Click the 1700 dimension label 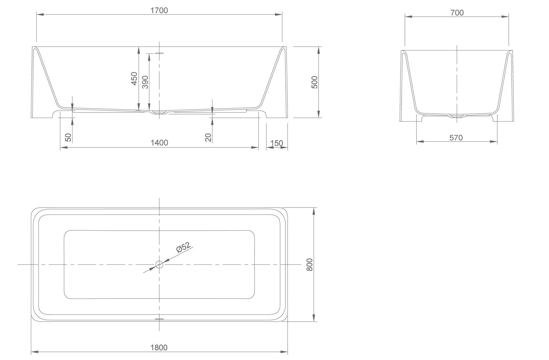pos(159,11)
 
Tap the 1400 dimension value pos(159,143)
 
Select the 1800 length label pos(159,347)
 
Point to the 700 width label pos(457,13)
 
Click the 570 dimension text pos(456,138)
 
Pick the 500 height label pos(315,82)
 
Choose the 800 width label pos(310,265)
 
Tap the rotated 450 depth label pos(134,78)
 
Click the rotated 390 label pos(145,82)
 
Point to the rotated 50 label pos(69,138)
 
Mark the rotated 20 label pos(208,138)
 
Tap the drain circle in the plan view pos(159,265)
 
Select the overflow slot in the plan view pos(159,319)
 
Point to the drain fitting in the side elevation pos(159,113)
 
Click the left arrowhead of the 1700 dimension pos(40,14)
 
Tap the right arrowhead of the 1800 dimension pos(284,352)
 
